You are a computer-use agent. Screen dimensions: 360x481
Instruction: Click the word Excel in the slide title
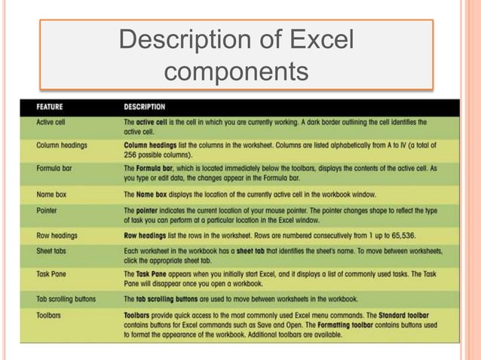click(319, 41)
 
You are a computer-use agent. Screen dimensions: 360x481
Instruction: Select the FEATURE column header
click(49, 106)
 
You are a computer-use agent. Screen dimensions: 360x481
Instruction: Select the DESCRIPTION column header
click(145, 106)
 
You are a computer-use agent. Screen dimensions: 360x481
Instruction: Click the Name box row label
click(51, 194)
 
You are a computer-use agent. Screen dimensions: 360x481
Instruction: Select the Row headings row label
click(57, 235)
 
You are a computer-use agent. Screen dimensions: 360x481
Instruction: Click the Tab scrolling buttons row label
click(66, 299)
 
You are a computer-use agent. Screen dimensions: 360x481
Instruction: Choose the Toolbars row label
click(50, 315)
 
